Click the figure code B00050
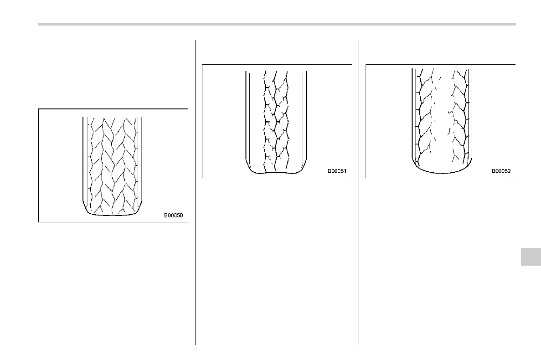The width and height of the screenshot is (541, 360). pyautogui.click(x=174, y=216)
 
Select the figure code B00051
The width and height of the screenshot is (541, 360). pyautogui.click(x=337, y=172)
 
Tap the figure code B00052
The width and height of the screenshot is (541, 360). pyautogui.click(x=501, y=172)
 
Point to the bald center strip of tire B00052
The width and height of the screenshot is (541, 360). pyautogui.click(x=442, y=123)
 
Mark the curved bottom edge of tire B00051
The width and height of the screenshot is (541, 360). pyautogui.click(x=276, y=174)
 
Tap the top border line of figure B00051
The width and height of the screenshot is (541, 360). pyautogui.click(x=277, y=64)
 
